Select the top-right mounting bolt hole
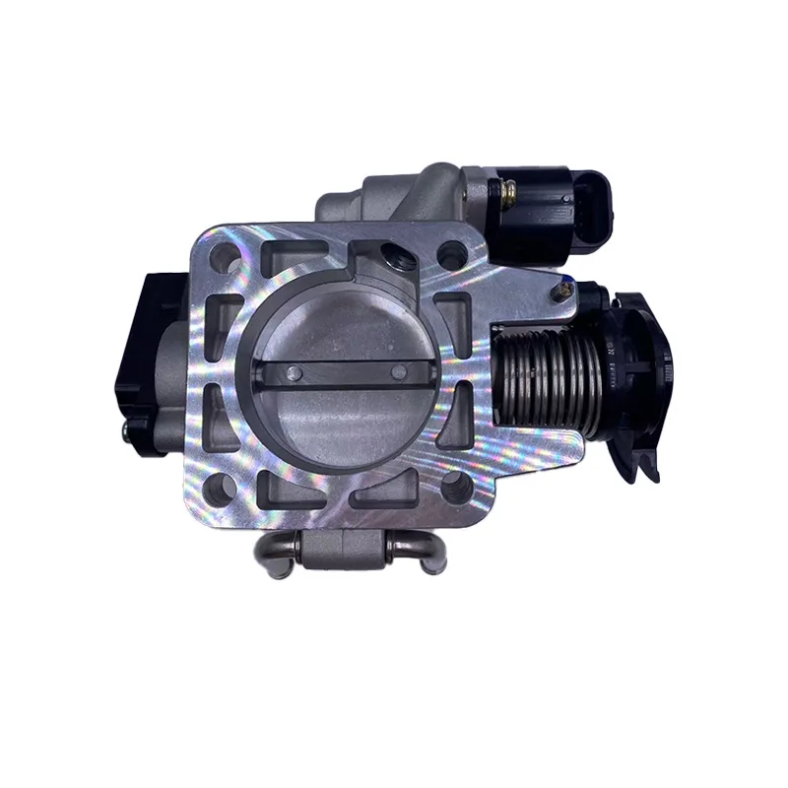pyautogui.click(x=452, y=255)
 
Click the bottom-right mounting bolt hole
pyautogui.click(x=454, y=486)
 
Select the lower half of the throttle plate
pyautogui.click(x=345, y=424)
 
